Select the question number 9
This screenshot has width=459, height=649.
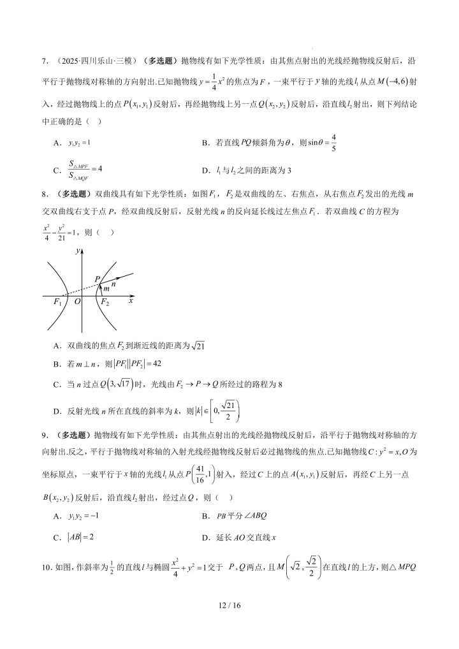click(x=45, y=435)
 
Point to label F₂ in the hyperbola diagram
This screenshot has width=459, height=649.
click(x=104, y=303)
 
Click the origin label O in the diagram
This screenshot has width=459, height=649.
click(x=77, y=303)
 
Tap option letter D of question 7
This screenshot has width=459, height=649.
click(x=205, y=170)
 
